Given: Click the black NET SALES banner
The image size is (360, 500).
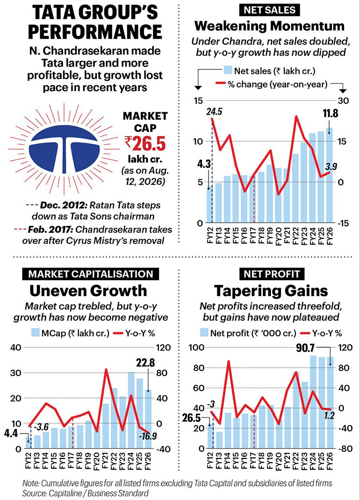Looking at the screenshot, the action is coord(269,10).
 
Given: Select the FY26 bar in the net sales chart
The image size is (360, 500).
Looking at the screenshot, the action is coord(329,175).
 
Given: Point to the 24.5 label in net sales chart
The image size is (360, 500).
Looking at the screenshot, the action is coord(214,112).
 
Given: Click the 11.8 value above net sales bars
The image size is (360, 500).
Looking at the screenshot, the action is coord(330,113).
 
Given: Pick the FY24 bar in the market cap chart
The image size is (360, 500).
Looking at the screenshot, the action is coord(131,410).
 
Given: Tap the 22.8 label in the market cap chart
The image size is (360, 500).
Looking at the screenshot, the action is coord(145,363).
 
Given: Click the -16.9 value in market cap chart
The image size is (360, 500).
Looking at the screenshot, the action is coord(148,435).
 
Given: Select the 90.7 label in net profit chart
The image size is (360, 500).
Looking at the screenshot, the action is coord(305,348).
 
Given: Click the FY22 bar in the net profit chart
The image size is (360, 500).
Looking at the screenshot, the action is coord(296,410).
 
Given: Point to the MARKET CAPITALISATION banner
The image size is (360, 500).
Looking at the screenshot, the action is coord(91,274).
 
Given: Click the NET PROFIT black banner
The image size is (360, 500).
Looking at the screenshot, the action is coord(272,274).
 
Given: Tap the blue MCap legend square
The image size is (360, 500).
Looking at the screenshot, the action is coord(35,333).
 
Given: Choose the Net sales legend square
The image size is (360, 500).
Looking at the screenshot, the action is coord(228,71).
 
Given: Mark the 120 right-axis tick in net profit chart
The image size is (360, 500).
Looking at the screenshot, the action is coord(346,348).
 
